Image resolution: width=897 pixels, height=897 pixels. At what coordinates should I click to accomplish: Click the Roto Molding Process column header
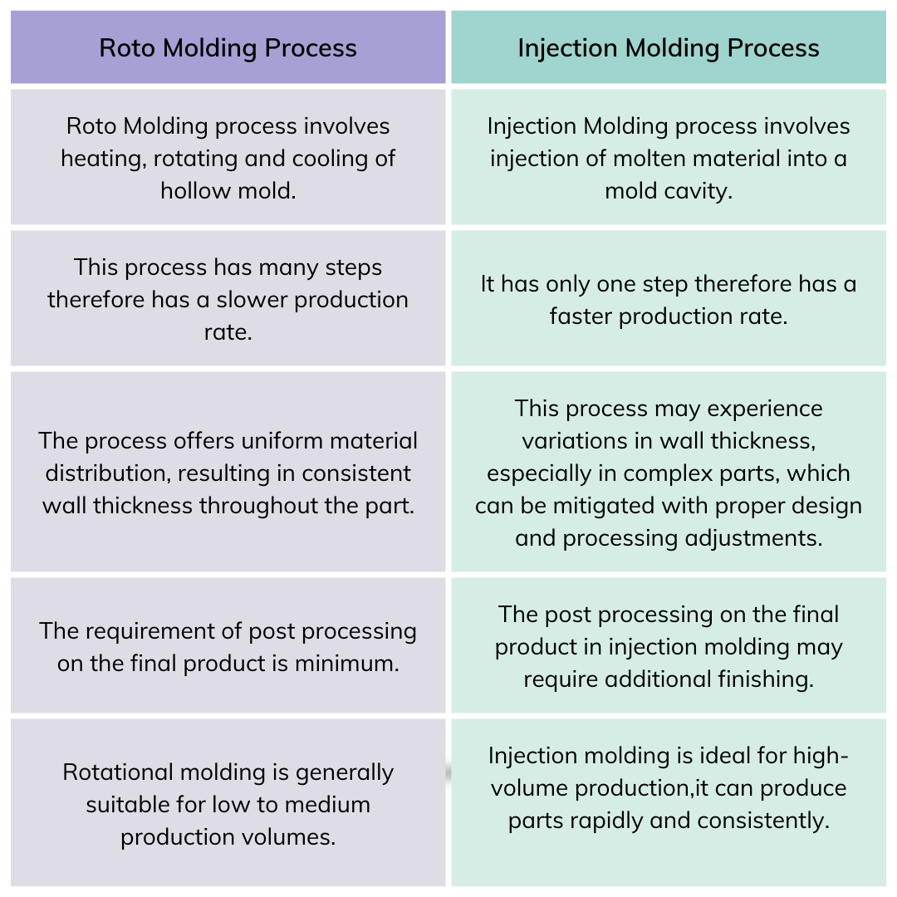228,48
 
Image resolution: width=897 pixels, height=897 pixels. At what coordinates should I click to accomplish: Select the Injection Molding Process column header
668,48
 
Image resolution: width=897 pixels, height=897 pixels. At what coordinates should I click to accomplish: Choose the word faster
581,316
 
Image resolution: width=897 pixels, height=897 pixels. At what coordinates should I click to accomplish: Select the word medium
327,804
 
